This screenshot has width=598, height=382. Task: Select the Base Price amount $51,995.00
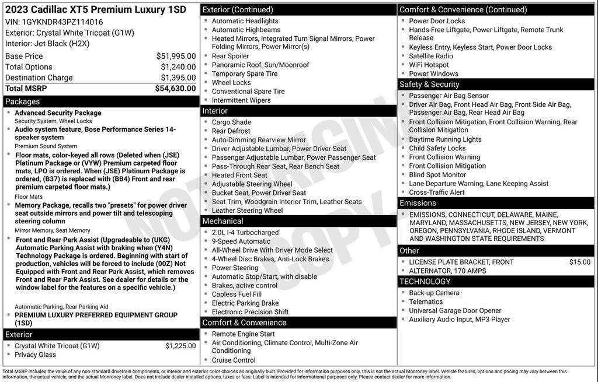click(176, 56)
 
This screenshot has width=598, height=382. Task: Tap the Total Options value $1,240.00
click(178, 67)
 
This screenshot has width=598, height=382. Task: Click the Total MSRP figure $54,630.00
click(175, 89)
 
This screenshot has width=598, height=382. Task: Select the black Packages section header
click(100, 101)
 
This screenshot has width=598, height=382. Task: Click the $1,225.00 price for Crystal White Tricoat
click(180, 346)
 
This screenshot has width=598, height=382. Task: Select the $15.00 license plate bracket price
click(579, 262)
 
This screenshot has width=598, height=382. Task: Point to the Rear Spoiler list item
click(230, 56)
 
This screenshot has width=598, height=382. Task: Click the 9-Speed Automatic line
click(241, 241)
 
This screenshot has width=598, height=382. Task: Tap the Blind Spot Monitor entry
click(437, 174)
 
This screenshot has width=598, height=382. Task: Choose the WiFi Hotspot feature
click(429, 65)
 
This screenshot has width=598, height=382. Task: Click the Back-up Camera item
click(434, 293)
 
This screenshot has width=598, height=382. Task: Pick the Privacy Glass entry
click(36, 355)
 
